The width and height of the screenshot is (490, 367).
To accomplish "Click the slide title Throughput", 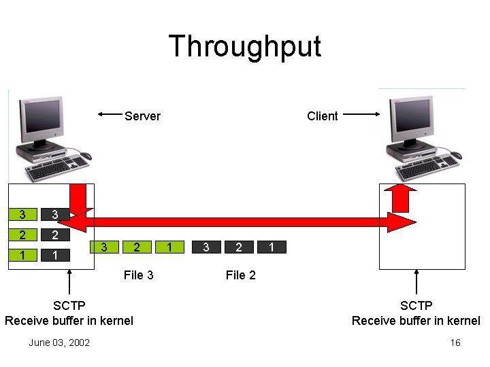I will click(x=244, y=47).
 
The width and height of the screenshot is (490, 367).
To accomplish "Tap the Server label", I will click(x=142, y=116).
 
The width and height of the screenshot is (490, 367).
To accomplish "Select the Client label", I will click(x=322, y=116).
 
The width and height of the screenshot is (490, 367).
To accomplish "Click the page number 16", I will click(x=455, y=343).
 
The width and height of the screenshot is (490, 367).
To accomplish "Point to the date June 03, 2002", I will click(x=59, y=343).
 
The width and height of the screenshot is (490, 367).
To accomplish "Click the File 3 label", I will click(x=138, y=275).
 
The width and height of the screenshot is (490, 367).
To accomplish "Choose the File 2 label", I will click(x=240, y=275).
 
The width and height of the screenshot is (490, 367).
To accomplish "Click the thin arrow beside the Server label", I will click(x=110, y=114).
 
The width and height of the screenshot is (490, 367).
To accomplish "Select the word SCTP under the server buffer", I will click(x=69, y=306).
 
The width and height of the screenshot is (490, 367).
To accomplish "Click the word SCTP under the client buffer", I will click(x=416, y=306).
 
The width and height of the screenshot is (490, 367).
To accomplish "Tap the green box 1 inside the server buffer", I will click(x=22, y=256).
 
